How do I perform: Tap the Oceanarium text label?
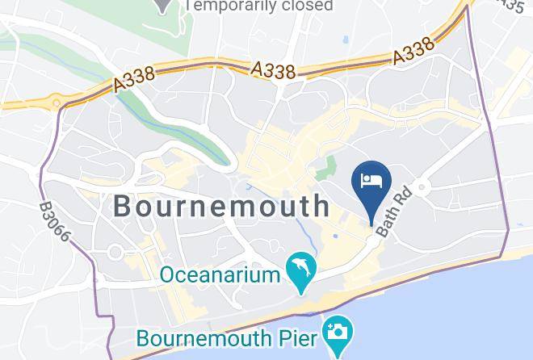220,274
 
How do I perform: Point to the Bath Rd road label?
395,213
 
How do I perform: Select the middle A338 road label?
273,71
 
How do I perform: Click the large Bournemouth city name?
221,206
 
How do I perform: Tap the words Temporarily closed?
258,6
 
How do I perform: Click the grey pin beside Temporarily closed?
164,5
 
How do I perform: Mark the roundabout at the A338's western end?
57,103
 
